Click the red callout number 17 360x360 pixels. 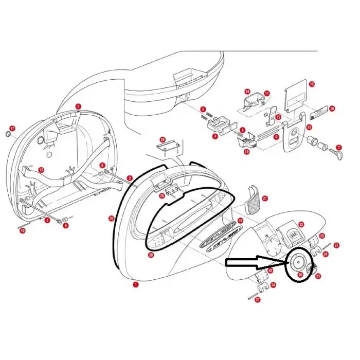12,128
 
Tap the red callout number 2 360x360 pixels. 78,106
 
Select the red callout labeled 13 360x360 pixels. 41,170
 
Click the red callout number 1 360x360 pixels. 136,284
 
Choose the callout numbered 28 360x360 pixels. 163,140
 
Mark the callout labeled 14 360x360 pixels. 247,92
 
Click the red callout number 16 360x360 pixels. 332,109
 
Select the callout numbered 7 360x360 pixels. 339,147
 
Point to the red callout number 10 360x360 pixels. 247,152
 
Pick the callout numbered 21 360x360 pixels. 265,198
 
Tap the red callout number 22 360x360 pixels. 301,224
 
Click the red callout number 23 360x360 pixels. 318,276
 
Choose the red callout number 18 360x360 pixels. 240,220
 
